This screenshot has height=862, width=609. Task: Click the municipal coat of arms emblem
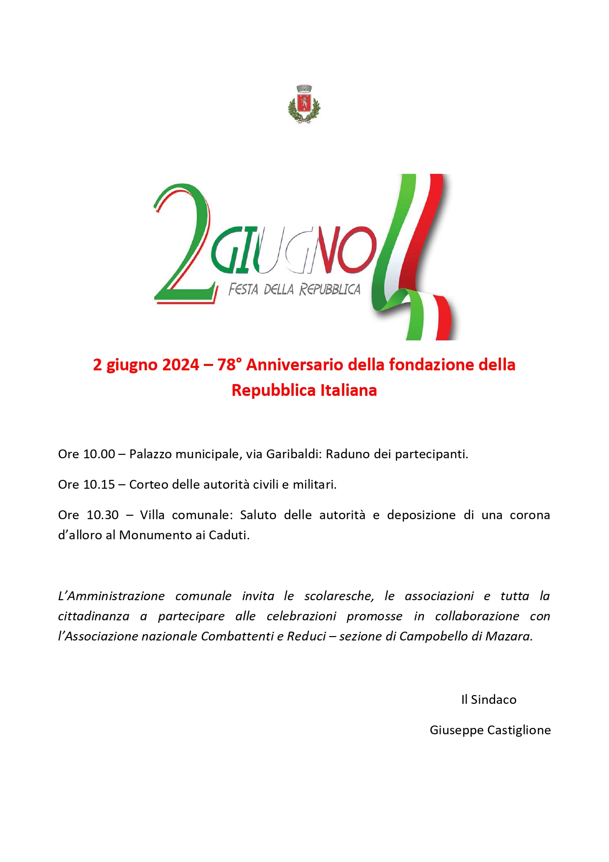click(x=304, y=104)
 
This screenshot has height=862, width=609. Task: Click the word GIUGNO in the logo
click(x=293, y=250)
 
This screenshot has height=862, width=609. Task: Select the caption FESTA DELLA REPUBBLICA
click(x=294, y=289)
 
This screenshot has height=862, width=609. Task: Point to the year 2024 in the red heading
click(x=181, y=365)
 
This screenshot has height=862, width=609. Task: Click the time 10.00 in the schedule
click(x=100, y=454)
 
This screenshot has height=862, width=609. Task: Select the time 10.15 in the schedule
click(x=100, y=485)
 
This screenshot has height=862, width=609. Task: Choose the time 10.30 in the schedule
click(x=103, y=515)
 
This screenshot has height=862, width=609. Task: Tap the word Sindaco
click(x=494, y=700)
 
